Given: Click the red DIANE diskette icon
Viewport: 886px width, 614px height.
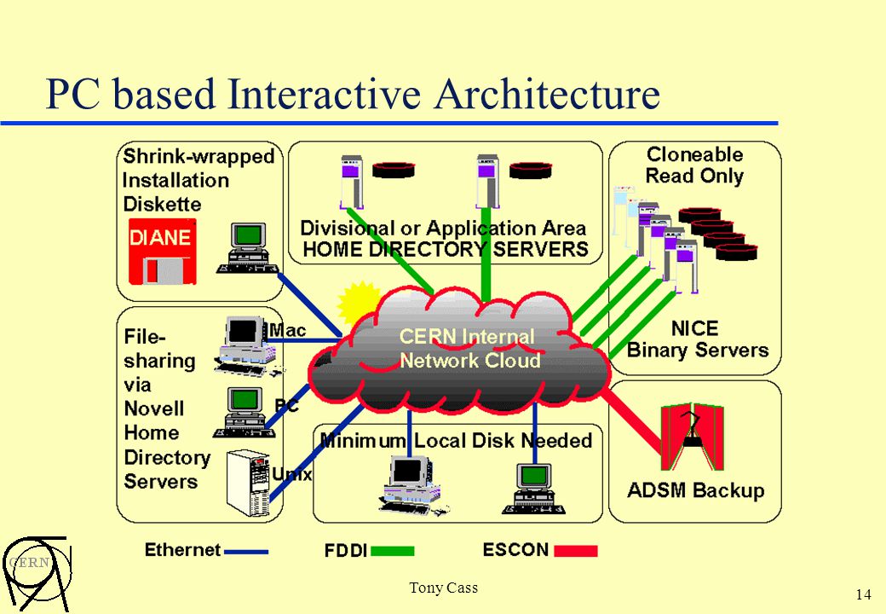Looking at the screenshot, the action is [163, 252].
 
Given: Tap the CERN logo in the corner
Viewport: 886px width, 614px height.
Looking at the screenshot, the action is [36, 573].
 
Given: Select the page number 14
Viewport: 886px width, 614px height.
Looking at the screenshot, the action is [863, 594].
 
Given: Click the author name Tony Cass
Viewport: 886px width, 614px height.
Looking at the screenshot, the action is [444, 588].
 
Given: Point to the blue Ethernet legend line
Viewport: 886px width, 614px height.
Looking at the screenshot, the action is [246, 552].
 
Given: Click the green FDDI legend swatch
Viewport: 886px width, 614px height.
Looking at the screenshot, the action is [392, 551].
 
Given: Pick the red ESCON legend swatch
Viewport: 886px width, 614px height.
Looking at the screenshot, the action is [576, 551].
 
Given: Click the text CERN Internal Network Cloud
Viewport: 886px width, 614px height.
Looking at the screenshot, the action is [469, 348].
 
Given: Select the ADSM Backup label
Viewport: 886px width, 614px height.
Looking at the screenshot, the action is [695, 490].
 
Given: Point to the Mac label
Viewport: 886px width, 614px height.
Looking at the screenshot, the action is [288, 330].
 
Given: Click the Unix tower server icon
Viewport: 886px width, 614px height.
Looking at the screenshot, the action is [248, 484].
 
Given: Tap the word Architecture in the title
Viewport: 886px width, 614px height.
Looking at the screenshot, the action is [547, 94].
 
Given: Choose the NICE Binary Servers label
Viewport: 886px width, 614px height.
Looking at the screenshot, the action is [697, 339].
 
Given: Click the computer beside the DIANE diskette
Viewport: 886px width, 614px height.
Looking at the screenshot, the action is [248, 249].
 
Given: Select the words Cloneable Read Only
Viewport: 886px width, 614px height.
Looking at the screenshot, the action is [694, 165].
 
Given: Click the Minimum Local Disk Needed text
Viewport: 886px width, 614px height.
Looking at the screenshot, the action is [456, 440].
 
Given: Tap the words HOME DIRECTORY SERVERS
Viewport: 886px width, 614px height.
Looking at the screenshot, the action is [446, 249].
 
